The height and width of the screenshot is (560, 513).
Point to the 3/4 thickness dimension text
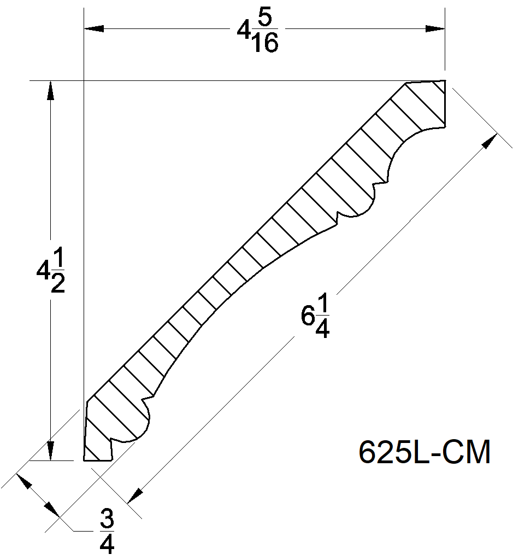(107, 530)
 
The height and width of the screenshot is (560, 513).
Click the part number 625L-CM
(424, 453)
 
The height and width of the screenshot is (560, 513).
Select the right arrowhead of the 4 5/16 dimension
(435, 28)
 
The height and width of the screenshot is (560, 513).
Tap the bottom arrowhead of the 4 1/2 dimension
(50, 451)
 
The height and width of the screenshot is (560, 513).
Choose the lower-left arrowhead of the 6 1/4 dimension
(134, 494)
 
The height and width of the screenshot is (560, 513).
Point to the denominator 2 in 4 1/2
(57, 284)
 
